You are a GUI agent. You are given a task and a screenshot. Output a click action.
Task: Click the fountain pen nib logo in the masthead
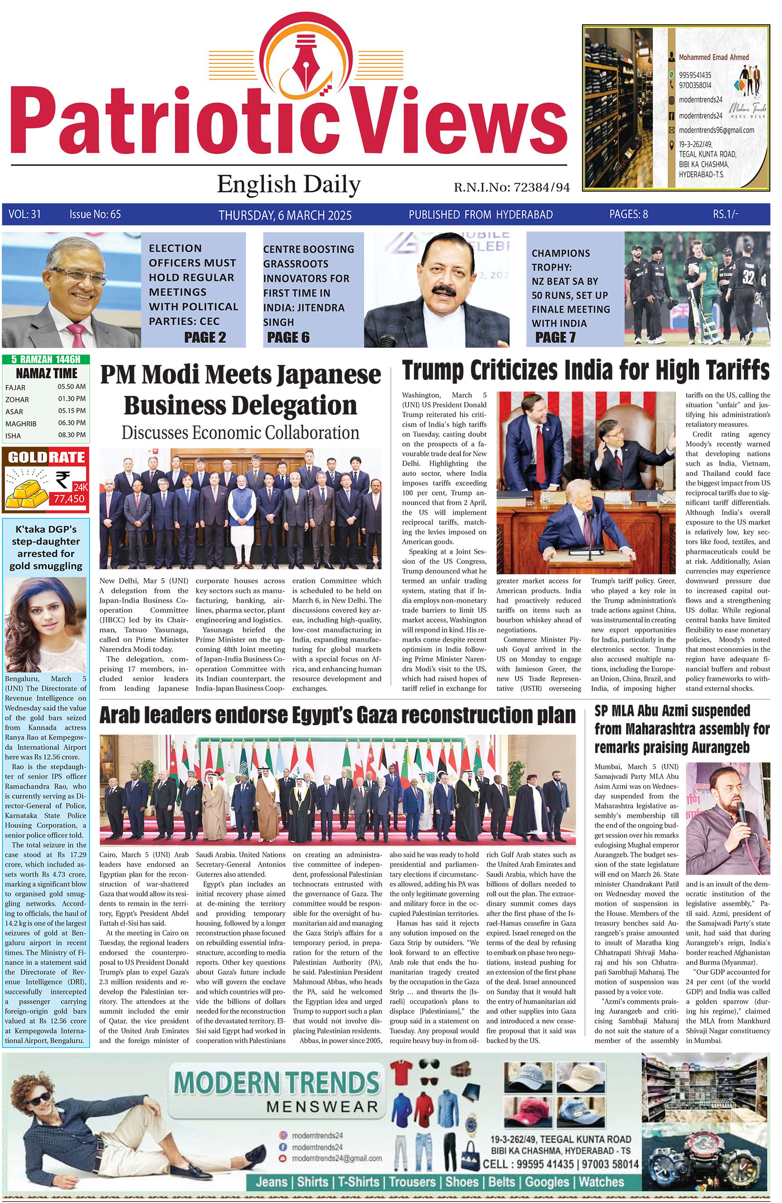coord(305,65)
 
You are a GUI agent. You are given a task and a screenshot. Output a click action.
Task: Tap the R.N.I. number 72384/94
coord(542,188)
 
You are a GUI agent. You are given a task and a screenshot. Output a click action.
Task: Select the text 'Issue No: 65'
coord(95,215)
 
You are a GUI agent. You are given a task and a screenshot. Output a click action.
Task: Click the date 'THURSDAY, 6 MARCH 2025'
coord(284,215)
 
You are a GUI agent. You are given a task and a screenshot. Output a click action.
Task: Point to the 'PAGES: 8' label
coord(629,215)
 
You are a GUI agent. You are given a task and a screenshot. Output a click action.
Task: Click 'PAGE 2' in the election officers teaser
coord(205,337)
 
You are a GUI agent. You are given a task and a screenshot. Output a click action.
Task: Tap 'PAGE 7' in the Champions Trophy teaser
coord(555,337)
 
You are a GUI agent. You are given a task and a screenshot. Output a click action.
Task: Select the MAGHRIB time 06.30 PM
coord(72,423)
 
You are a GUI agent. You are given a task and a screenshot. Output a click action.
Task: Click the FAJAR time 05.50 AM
coord(72,387)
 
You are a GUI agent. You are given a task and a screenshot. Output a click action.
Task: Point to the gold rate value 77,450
coord(69,498)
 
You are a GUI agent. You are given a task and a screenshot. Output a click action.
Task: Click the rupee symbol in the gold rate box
coord(64,478)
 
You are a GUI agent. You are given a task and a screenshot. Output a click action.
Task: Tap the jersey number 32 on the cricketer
coord(748,278)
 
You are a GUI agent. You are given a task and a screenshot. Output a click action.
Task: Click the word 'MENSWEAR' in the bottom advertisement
coord(322,1106)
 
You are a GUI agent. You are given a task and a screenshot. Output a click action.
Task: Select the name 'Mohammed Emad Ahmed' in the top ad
coord(713,57)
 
